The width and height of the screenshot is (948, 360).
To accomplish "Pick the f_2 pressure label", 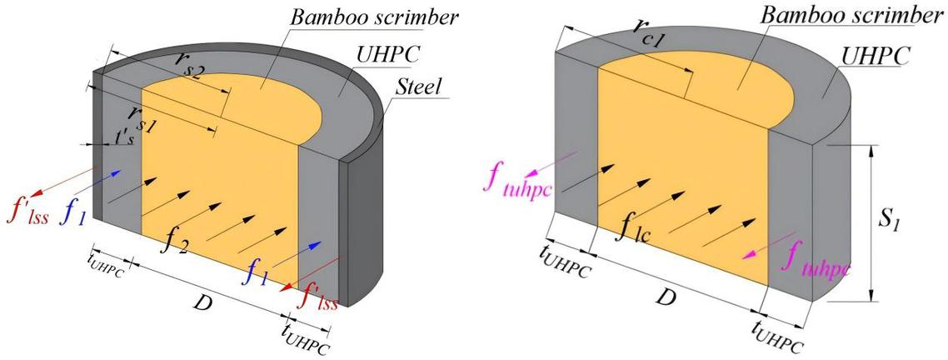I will (175, 242).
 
